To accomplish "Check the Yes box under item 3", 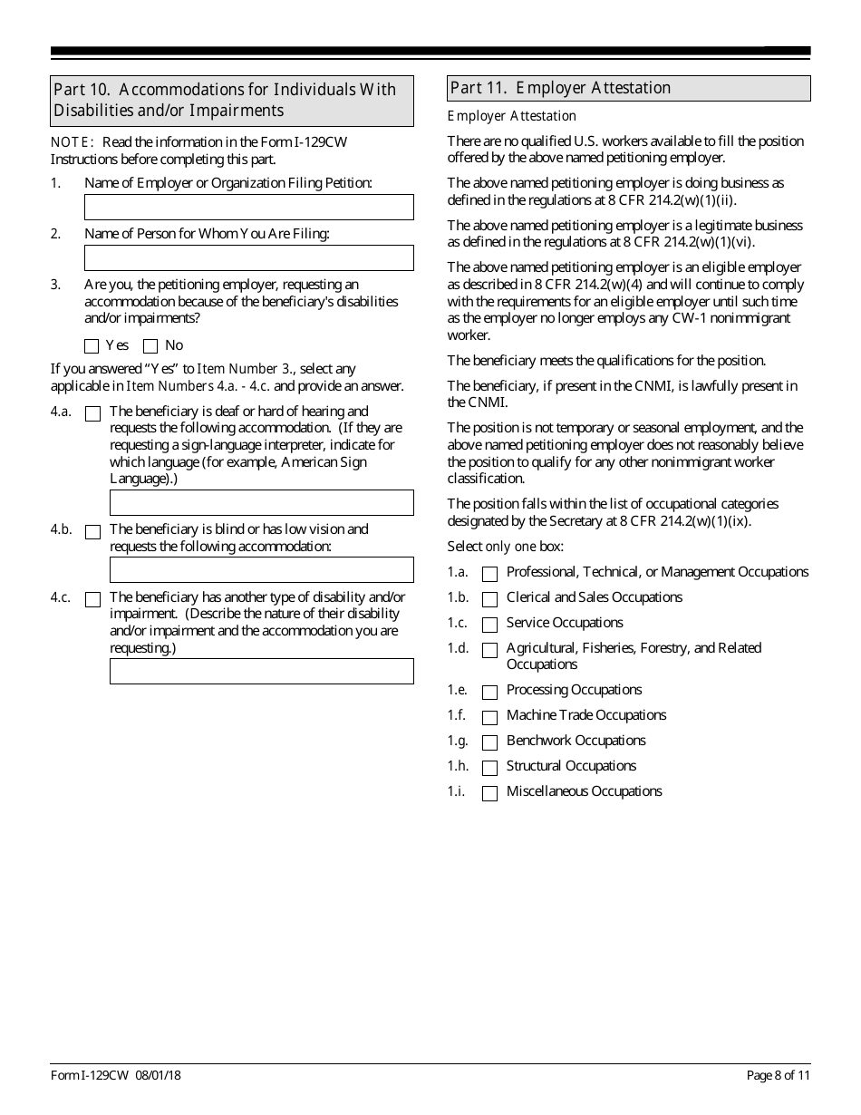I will (x=91, y=345).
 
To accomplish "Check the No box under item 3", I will (x=150, y=345).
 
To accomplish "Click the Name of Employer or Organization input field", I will (x=248, y=207).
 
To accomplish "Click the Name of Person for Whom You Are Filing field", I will (x=248, y=257).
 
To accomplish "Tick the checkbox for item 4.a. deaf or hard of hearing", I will (x=92, y=413).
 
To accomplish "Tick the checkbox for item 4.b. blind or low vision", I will (x=92, y=532).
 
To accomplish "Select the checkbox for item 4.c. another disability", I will (x=92, y=599).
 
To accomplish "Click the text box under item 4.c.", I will (x=261, y=671).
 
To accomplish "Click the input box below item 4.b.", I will (x=261, y=569).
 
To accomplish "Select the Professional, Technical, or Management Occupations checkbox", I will (x=489, y=574).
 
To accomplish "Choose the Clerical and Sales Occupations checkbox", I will (x=489, y=599).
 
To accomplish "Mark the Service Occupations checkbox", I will (x=489, y=625).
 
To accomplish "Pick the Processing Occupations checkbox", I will (x=489, y=693).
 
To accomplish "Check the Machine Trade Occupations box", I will (x=489, y=718).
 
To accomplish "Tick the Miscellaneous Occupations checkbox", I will (x=489, y=794).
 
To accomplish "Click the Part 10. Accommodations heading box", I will (x=232, y=100).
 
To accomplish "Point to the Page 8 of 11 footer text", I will (x=778, y=1075).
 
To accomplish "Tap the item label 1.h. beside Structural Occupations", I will (x=458, y=766).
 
